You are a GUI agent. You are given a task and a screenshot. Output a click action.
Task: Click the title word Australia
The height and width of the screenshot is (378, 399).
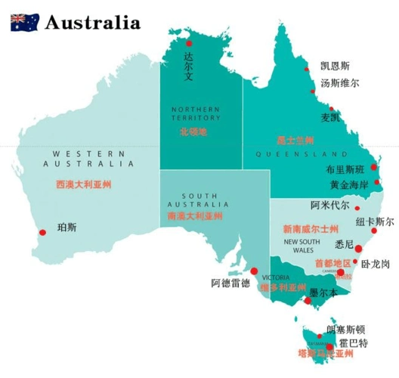pos(92,22)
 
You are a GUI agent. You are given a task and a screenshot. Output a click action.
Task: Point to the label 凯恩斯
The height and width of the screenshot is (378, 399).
pos(335,66)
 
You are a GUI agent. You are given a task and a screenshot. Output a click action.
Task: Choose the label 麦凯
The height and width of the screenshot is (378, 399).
pos(330,117)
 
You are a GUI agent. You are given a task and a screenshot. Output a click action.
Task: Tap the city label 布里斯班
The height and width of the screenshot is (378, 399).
pos(345,169)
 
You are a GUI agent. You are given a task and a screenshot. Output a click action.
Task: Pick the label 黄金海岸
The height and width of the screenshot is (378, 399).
pos(349,184)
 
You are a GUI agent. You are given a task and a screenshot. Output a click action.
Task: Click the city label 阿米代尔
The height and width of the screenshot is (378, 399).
pos(330,206)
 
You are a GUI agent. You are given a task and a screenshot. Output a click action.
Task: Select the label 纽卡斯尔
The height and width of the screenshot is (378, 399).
pos(375,222)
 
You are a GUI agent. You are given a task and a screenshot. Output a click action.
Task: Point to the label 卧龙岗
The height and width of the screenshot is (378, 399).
pos(376,264)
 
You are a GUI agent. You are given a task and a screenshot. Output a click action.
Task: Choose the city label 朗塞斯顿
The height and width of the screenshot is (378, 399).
pos(345,330)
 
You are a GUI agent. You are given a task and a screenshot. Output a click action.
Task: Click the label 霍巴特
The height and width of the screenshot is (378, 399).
pos(353,343)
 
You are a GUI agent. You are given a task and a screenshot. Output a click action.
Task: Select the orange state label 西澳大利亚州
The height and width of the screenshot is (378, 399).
pos(84,184)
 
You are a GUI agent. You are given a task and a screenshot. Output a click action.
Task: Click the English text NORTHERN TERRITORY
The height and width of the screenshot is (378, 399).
pos(195,113)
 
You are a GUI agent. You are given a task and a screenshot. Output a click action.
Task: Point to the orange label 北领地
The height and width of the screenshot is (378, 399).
pos(193,132)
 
